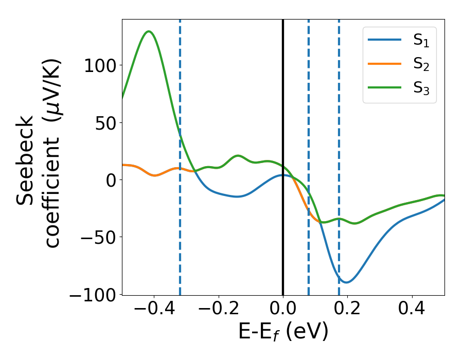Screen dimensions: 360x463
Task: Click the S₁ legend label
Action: pos(421,41)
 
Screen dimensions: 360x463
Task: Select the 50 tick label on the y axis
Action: pos(102,122)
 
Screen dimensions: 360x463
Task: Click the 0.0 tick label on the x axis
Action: pos(283,311)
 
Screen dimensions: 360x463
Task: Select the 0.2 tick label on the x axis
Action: pos(347,311)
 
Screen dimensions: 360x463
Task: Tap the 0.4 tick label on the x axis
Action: pos(412,311)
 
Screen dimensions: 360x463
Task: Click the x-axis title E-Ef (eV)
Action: pos(283,333)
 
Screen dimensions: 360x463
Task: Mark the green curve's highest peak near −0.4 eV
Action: pos(149,31)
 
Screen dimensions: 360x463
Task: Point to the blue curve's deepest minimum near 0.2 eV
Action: pos(346,282)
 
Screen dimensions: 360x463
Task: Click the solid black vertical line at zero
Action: pos(283,129)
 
